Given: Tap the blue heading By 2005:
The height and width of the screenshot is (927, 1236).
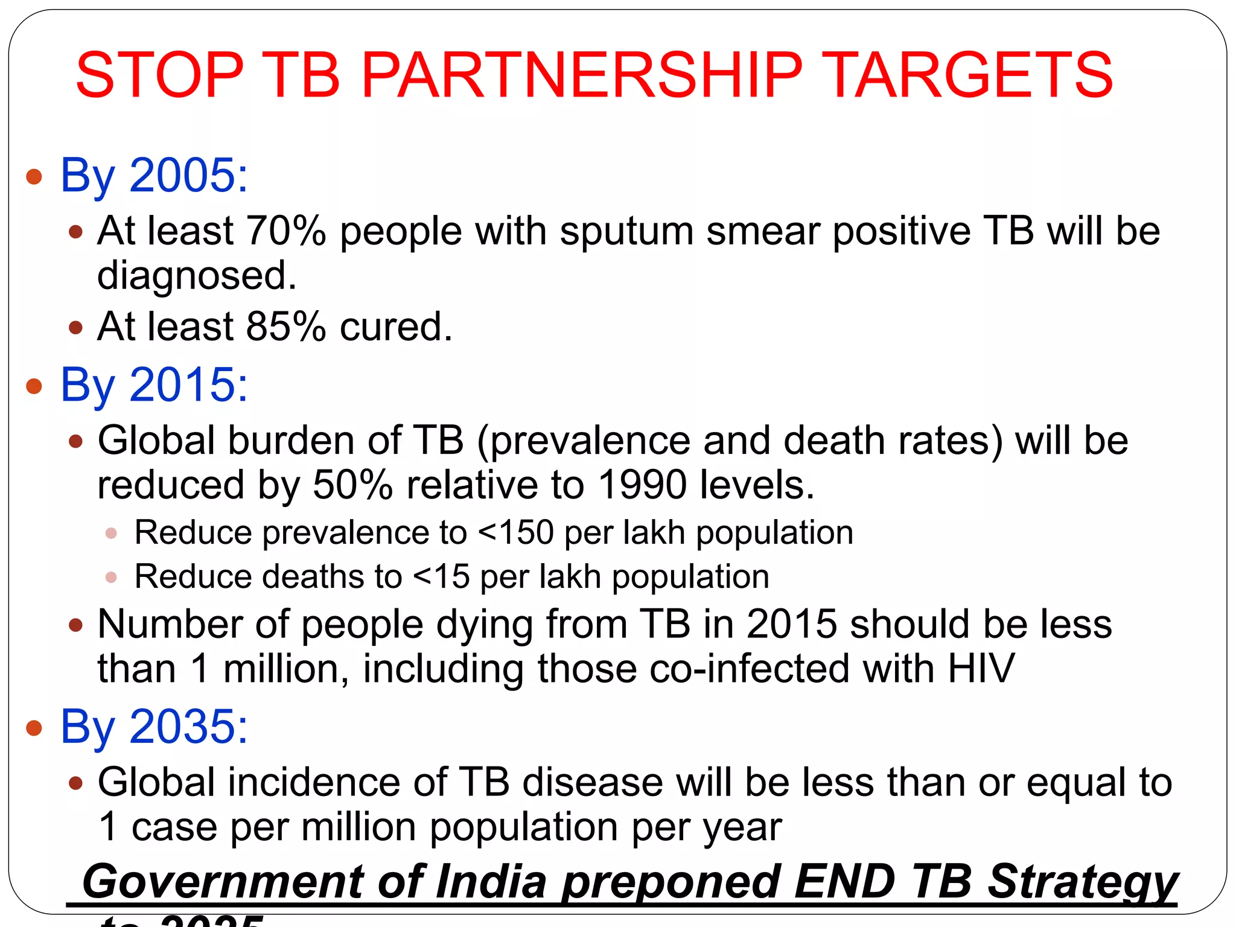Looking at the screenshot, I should point(154,176).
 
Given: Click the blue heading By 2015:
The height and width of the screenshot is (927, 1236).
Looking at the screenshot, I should point(154,385).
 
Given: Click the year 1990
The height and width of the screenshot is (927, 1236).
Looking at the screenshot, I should point(642,485).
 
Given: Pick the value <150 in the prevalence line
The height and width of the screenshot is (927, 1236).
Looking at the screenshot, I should point(515,533).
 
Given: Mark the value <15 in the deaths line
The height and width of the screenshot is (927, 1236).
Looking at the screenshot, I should point(441,577).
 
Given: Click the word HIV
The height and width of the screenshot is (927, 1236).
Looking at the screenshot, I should point(981,669).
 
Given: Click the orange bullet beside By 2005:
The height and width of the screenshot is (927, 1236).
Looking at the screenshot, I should point(34,177).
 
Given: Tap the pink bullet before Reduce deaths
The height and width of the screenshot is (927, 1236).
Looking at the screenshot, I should point(111,578).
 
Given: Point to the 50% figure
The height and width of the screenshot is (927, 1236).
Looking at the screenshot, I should point(352,485).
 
